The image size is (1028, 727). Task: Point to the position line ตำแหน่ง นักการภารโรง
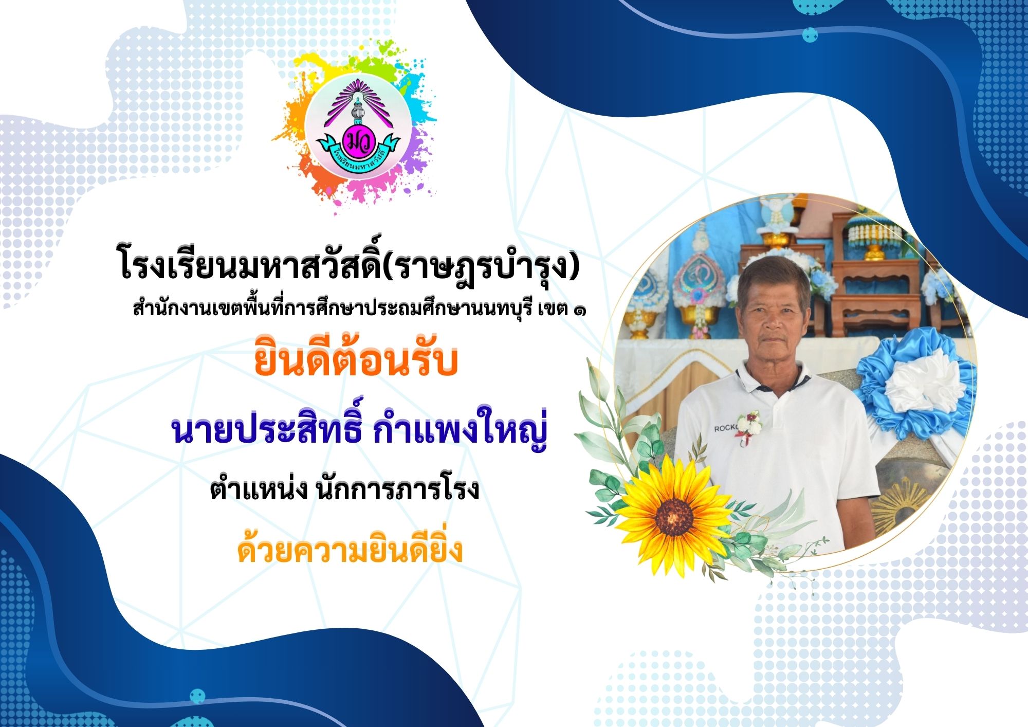(344, 488)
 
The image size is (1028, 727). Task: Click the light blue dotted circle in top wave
(810, 35)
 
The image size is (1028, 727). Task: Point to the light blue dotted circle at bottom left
(197, 697)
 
